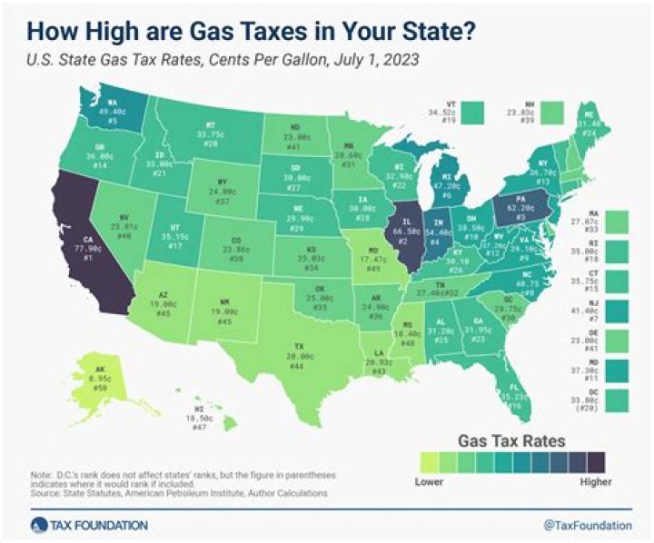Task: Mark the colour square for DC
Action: pyautogui.click(x=614, y=400)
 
